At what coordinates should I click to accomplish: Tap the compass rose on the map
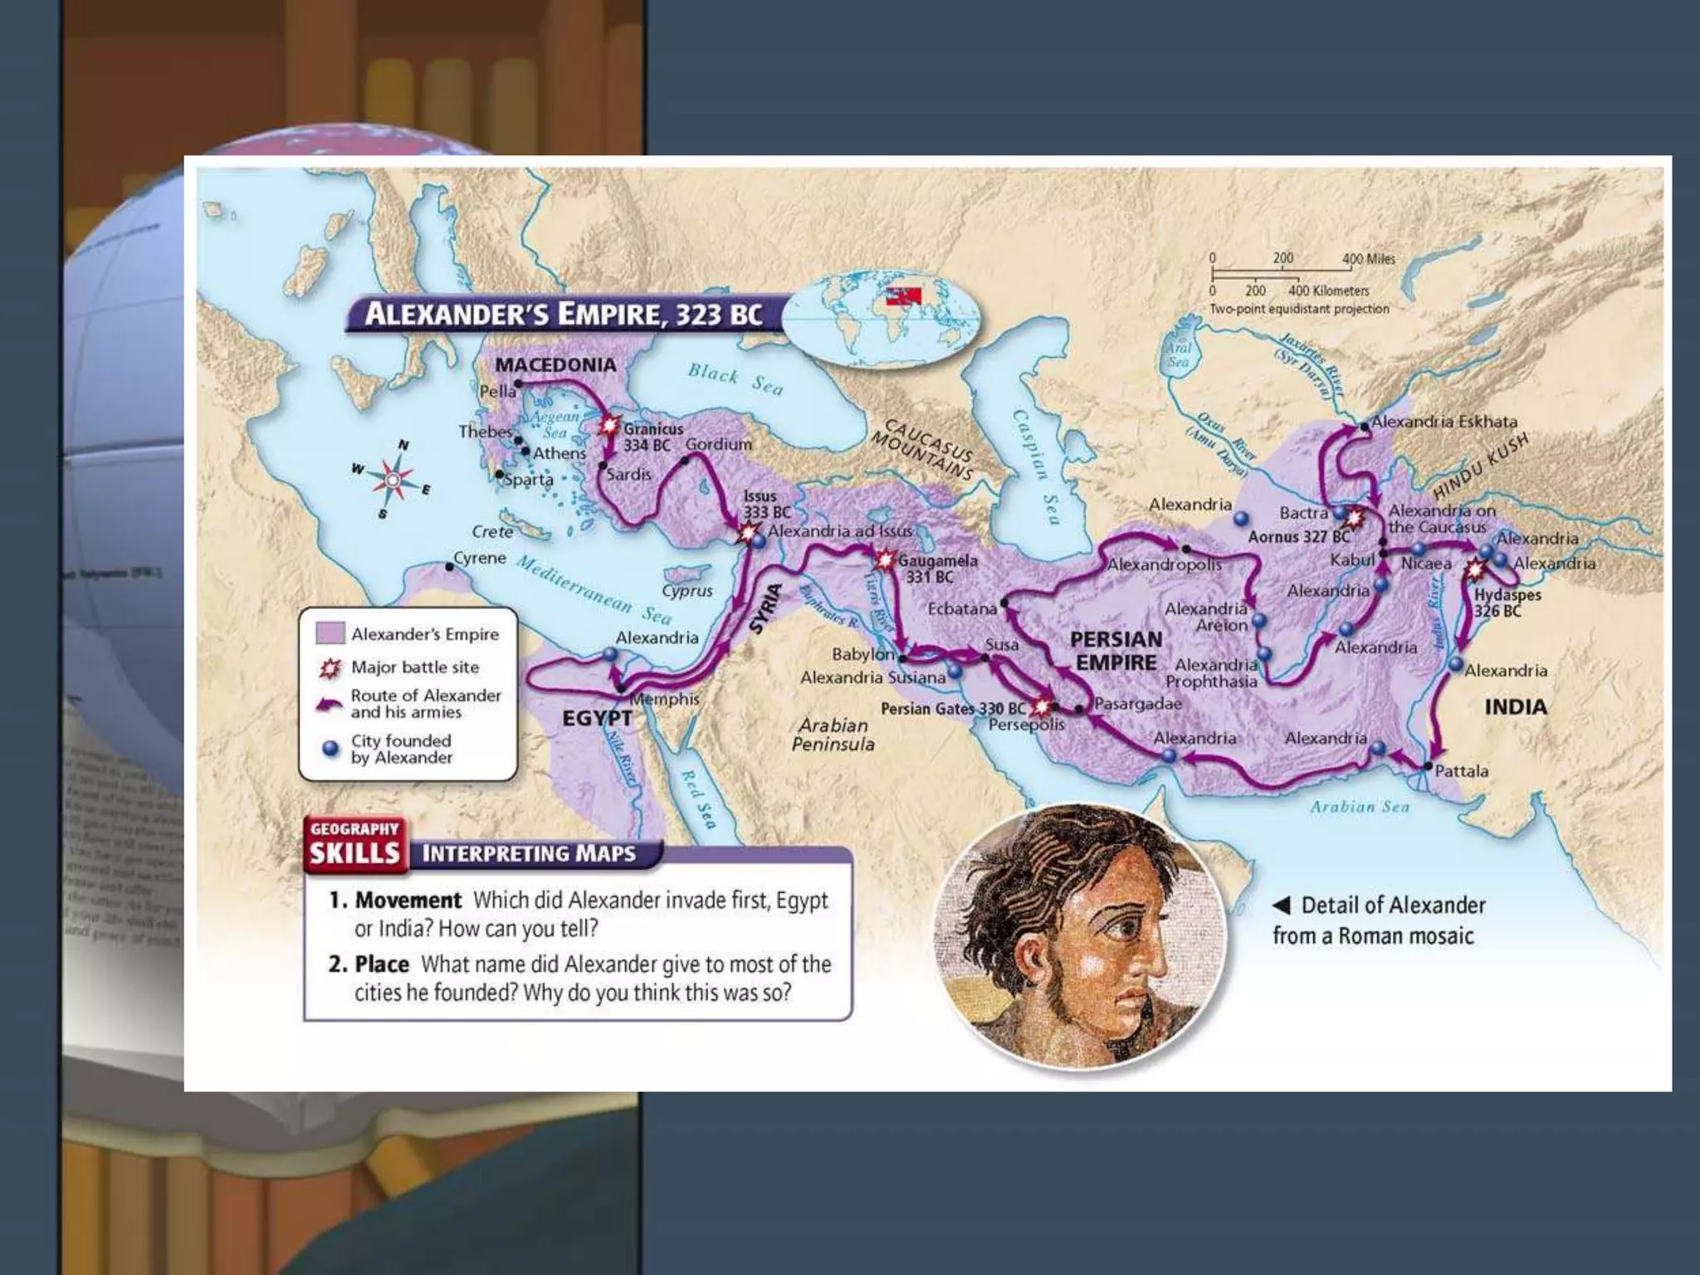click(393, 480)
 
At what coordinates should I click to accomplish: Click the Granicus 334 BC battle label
click(653, 437)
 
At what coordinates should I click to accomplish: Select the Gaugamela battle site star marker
click(885, 559)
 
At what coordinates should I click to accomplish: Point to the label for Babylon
click(863, 654)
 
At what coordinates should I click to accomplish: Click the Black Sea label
click(735, 379)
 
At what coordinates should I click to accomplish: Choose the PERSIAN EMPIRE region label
click(1116, 651)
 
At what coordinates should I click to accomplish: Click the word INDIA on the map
click(1516, 707)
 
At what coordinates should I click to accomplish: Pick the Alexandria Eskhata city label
click(1444, 422)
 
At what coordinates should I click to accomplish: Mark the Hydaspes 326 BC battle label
click(1507, 603)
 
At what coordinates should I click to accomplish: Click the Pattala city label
click(1461, 771)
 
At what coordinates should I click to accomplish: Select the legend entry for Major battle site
click(414, 667)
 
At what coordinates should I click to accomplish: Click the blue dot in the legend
click(330, 749)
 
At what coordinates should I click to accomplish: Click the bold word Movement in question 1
click(408, 901)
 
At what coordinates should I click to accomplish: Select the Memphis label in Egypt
click(664, 699)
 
